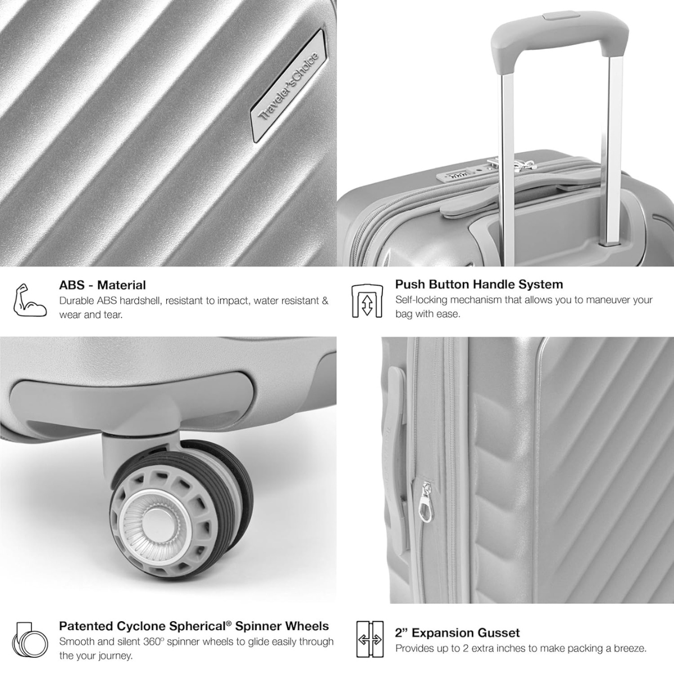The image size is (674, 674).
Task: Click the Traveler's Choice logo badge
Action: pyautogui.click(x=288, y=86)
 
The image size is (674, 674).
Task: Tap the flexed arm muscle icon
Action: pyautogui.click(x=29, y=300)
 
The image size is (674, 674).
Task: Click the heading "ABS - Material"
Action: pyautogui.click(x=102, y=285)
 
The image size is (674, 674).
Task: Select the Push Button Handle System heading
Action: pyautogui.click(x=479, y=284)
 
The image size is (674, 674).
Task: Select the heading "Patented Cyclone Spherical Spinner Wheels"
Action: pyautogui.click(x=194, y=626)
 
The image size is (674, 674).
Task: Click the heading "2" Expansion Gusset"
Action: pyautogui.click(x=458, y=633)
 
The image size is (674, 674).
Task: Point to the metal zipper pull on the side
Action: pyautogui.click(x=426, y=502)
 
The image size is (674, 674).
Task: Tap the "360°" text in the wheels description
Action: pyautogui.click(x=153, y=642)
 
